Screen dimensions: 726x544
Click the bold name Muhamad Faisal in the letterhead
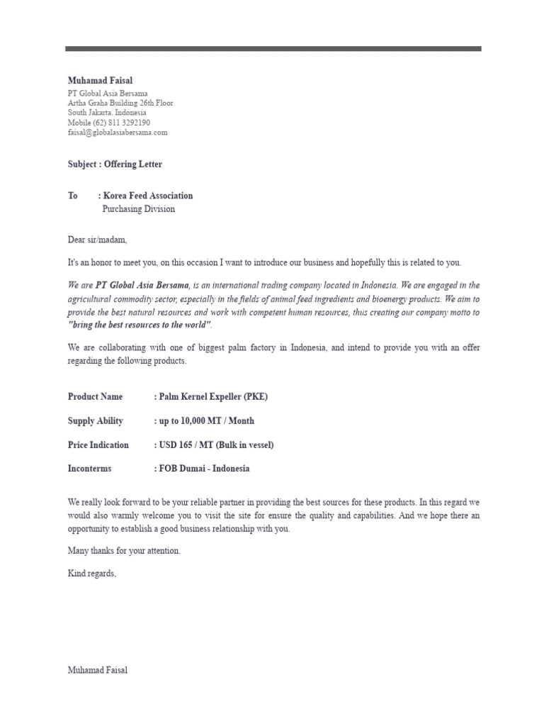coord(100,81)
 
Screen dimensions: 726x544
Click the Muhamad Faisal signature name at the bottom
coord(98,670)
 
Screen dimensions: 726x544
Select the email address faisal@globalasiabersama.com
coord(118,133)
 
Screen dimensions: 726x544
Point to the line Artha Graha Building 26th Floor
coord(120,103)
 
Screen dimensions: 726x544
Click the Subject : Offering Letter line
coord(115,164)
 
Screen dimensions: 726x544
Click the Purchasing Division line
coord(138,209)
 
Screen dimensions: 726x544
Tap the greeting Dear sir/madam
coord(98,240)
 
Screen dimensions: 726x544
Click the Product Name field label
coord(95,397)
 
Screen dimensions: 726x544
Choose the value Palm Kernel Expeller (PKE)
coord(212,397)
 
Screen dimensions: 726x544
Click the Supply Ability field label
coord(95,421)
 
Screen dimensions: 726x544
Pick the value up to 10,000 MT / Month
coord(206,421)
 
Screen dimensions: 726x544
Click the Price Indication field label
coord(98,445)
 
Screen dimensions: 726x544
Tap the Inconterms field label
coord(89,469)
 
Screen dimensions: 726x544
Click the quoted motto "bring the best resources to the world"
coord(140,325)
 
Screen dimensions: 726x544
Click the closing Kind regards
coord(91,574)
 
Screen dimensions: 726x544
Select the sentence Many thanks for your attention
coord(124,551)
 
